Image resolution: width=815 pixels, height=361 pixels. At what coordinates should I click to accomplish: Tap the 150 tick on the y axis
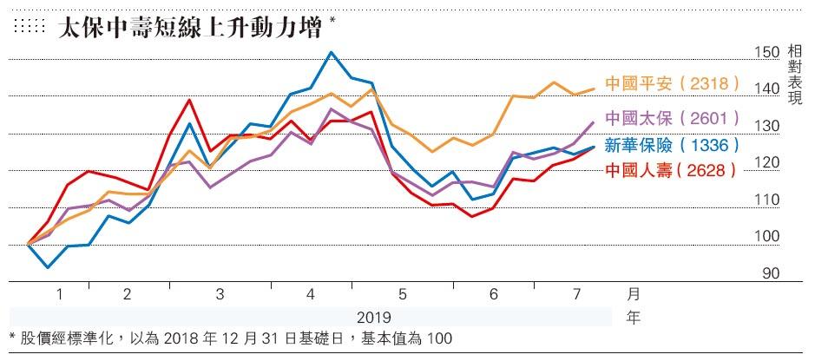click(x=767, y=52)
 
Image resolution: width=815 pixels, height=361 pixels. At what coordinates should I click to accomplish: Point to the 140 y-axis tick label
click(x=767, y=89)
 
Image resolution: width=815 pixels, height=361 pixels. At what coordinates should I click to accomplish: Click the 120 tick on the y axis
click(x=767, y=163)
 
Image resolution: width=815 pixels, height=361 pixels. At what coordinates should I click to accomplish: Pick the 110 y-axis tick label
click(x=767, y=200)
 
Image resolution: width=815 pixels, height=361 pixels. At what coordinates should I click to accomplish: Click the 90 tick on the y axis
click(x=770, y=273)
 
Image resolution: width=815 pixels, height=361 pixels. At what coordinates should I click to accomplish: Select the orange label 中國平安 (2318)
click(x=672, y=85)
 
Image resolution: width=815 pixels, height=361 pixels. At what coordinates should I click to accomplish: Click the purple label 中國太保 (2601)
click(x=672, y=116)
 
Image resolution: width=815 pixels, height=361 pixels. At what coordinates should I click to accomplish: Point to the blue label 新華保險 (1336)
click(x=672, y=144)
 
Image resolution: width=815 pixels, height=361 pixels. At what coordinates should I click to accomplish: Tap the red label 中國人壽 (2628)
click(x=672, y=170)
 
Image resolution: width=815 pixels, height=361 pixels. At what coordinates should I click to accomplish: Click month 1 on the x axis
click(x=60, y=294)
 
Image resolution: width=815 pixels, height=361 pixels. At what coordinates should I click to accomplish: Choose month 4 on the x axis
click(x=310, y=294)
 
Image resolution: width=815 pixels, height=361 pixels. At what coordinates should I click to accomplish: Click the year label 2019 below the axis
click(x=374, y=318)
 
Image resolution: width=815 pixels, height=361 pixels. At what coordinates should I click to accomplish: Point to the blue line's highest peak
click(x=331, y=52)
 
